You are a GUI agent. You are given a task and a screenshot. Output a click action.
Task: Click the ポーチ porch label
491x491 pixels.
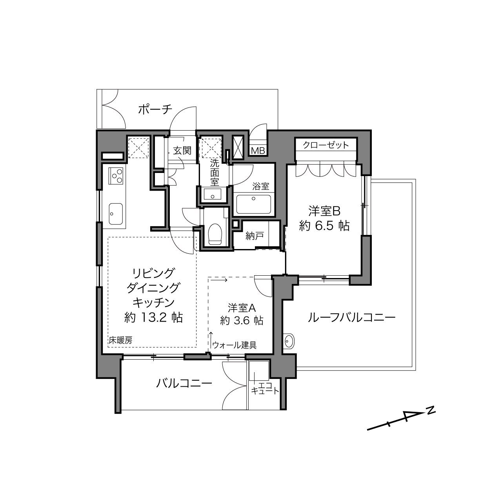[x=155, y=109]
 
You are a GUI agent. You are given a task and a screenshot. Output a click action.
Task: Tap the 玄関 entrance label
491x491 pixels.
[x=182, y=151]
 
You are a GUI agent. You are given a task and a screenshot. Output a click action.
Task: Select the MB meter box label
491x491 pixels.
[x=258, y=151]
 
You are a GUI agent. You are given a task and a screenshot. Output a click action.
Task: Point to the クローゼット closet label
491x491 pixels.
[x=326, y=145]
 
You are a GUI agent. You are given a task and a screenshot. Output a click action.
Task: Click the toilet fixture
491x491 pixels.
[x=215, y=234]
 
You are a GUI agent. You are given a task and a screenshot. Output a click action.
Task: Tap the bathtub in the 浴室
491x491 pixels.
[x=253, y=204]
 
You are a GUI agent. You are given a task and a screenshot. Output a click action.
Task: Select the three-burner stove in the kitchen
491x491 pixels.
[x=116, y=176]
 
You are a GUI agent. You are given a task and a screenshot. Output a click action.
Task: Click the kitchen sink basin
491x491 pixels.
[x=116, y=214]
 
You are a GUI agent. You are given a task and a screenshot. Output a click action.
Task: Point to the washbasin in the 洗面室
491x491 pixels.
[x=212, y=194]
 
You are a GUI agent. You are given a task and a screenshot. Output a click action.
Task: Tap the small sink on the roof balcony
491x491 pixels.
[x=288, y=340]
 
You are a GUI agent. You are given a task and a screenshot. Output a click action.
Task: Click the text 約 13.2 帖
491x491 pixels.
[x=154, y=318]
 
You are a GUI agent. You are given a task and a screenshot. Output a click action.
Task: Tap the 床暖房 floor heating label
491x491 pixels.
[x=120, y=340]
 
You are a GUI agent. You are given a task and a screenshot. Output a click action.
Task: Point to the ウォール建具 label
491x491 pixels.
[x=235, y=345]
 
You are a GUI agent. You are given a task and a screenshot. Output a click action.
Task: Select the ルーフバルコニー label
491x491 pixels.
[x=352, y=318]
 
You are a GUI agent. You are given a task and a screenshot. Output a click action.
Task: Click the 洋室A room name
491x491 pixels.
[x=242, y=308]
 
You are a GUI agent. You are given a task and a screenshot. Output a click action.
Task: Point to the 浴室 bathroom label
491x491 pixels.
[x=261, y=186]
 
